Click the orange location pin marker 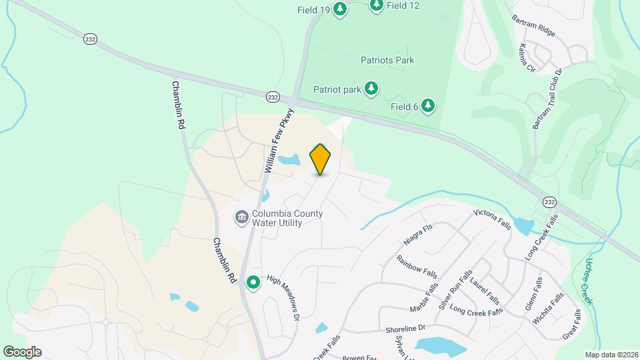321,159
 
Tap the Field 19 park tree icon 340,9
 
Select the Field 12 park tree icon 377,5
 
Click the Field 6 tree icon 427,106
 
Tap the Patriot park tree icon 371,88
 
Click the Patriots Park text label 387,60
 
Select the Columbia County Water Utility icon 241,217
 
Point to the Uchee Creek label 587,281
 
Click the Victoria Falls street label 492,219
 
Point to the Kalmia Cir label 527,58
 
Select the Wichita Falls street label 546,309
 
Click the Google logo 22,351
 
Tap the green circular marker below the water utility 253,283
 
